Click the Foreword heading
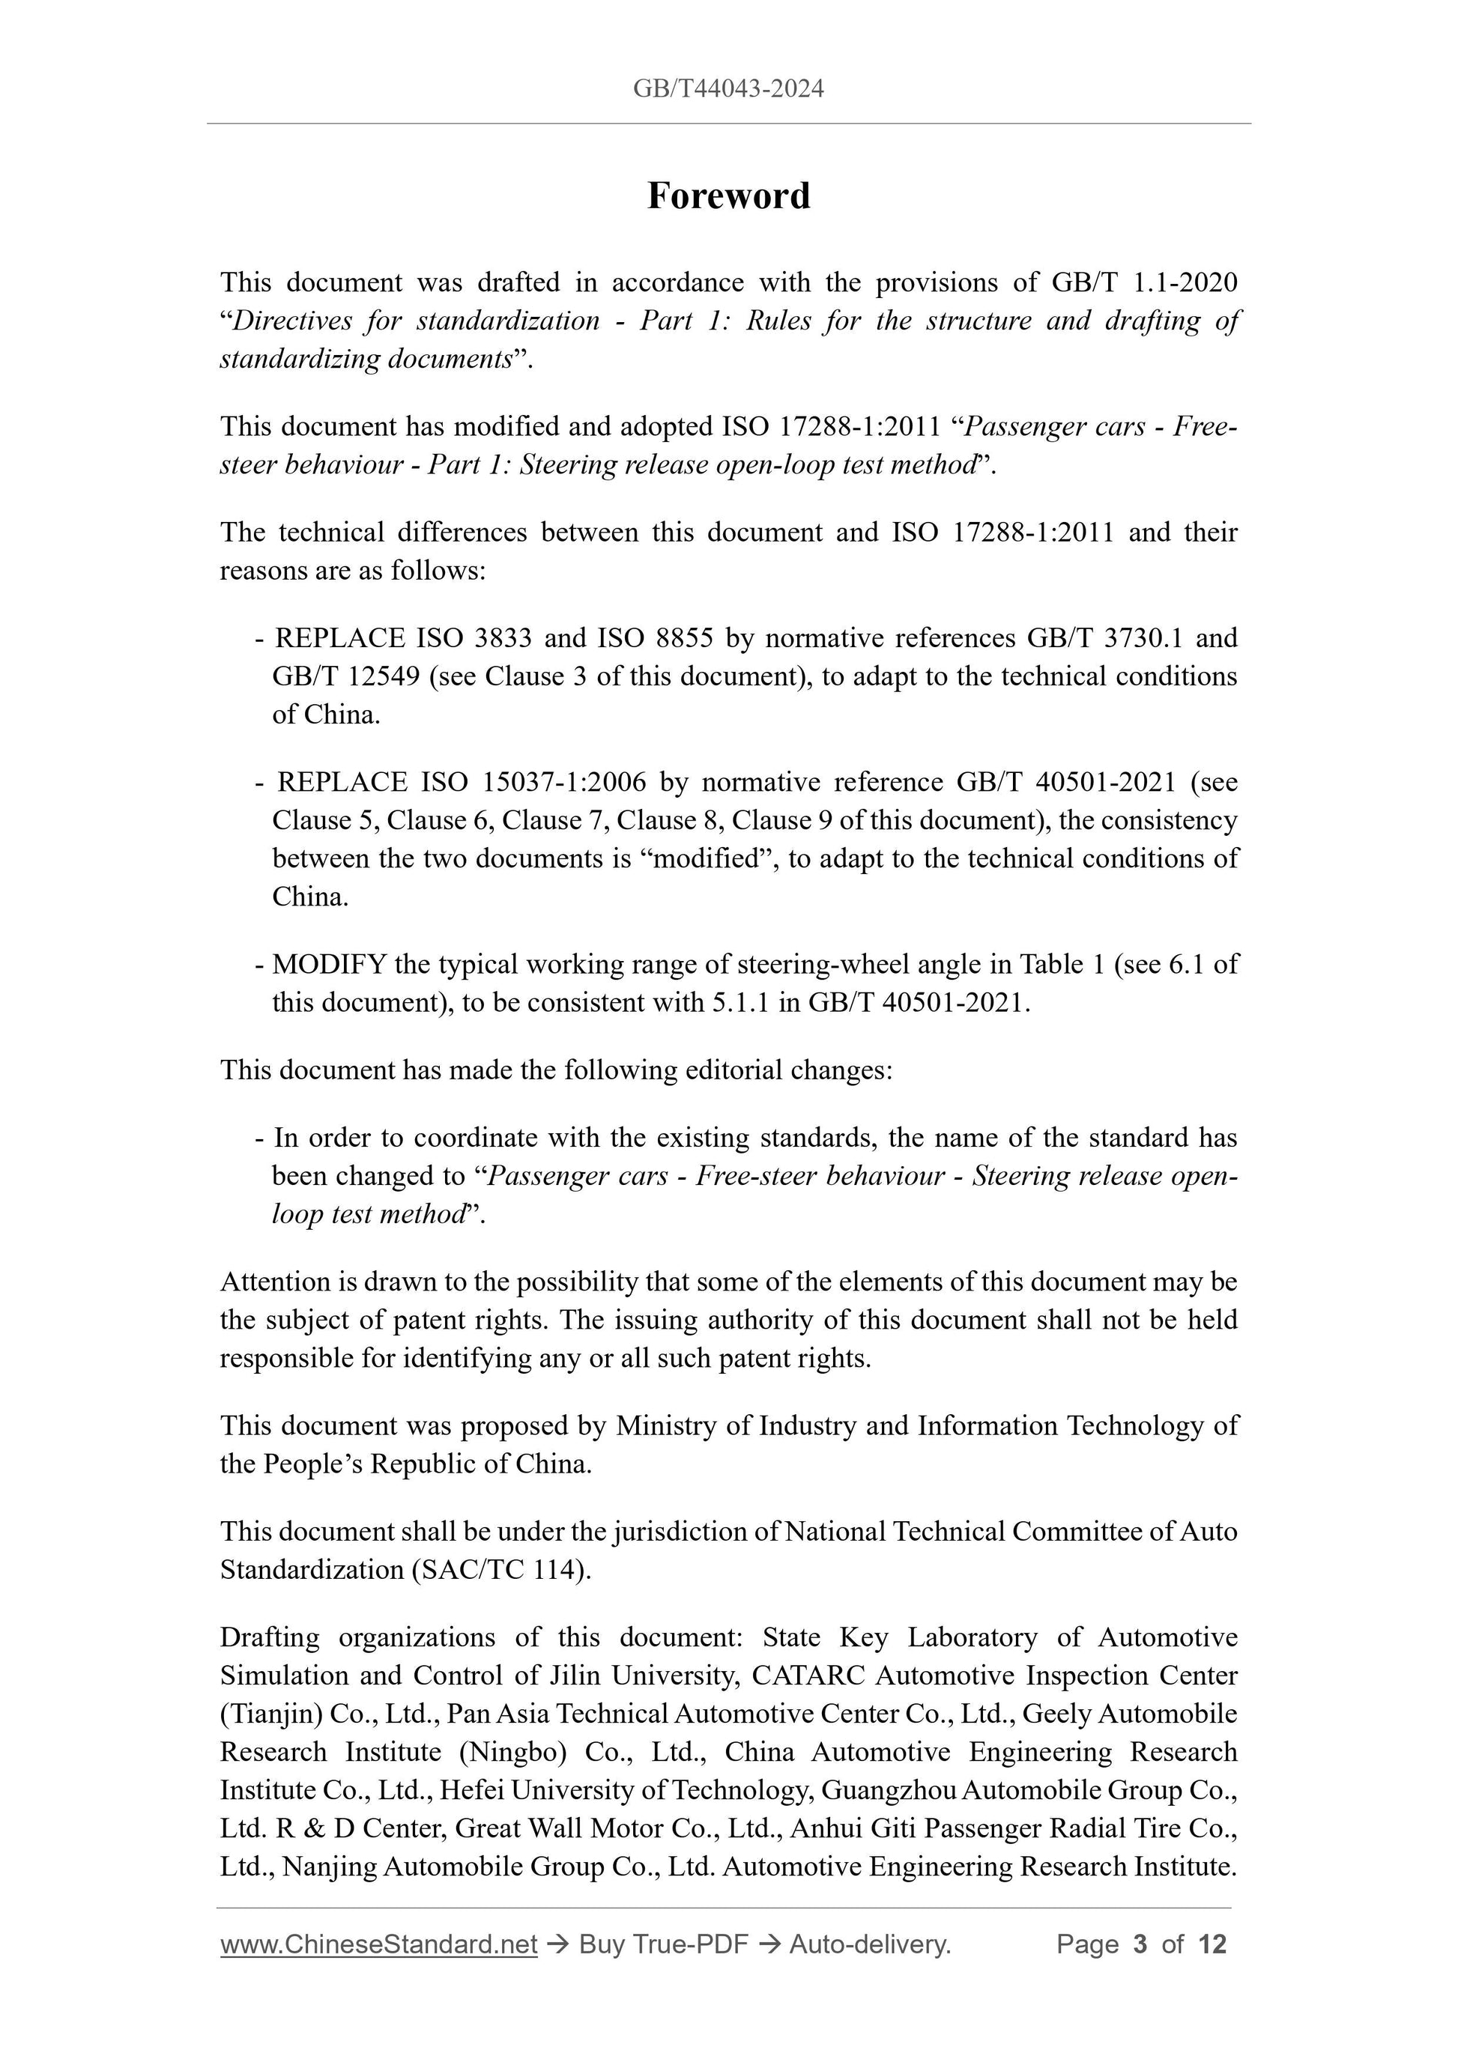728,195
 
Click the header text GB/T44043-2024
728,89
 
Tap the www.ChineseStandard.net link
378,1944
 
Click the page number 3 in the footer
1140,1944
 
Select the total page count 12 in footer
1212,1944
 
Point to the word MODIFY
329,965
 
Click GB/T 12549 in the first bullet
346,676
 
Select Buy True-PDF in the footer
663,1944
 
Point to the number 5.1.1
740,1002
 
